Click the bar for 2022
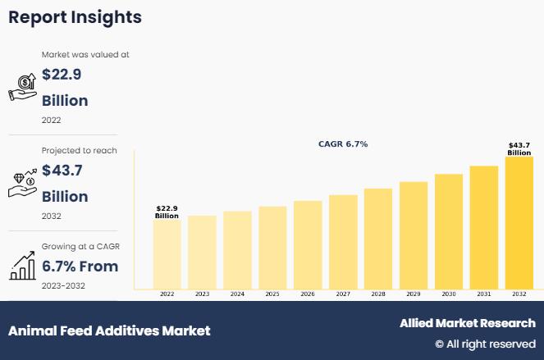167,254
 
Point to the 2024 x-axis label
237,294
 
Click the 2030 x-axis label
448,294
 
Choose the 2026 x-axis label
308,294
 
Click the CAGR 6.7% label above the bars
343,144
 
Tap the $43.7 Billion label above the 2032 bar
519,148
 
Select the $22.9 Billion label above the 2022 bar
167,212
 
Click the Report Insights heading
75,17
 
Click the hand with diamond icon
21,183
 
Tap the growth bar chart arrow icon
21,265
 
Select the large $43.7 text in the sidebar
62,171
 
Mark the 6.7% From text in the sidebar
80,267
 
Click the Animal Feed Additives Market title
109,330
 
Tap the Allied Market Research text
467,323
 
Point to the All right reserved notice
485,344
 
